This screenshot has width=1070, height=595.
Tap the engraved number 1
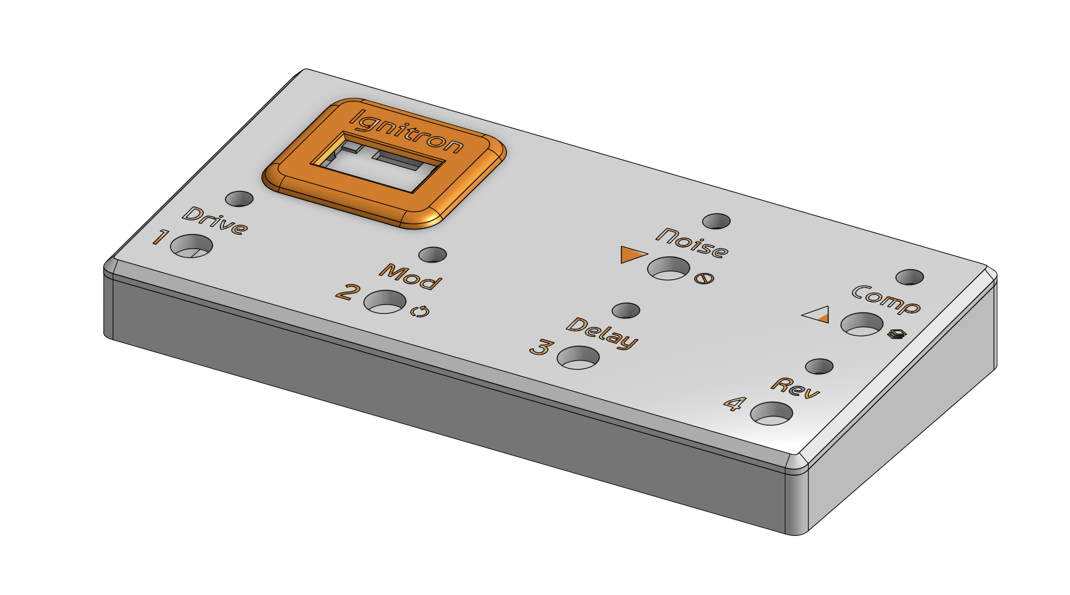[161, 237]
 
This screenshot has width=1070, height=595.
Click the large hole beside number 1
[191, 246]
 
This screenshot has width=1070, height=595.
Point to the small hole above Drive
[239, 199]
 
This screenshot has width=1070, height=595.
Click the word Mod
[410, 277]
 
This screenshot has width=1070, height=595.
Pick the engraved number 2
[348, 292]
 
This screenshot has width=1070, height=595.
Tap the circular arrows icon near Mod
[419, 312]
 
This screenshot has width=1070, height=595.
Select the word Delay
[602, 332]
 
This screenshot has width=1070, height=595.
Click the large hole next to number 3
[578, 358]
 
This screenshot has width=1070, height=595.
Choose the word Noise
[692, 243]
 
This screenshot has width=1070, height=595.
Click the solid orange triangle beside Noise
[632, 255]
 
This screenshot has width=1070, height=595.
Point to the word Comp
[886, 300]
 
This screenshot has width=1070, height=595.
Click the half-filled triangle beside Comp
[817, 315]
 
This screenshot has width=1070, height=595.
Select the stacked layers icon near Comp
[897, 334]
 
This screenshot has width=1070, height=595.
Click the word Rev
[795, 388]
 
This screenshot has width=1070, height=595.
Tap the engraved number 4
[734, 403]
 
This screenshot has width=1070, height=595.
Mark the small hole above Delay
[626, 310]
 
